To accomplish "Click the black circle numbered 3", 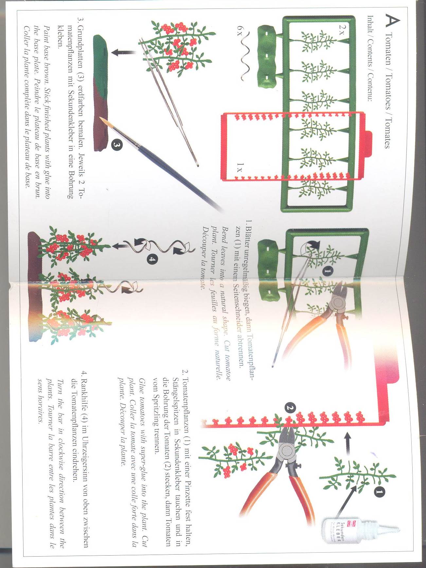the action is (x=117, y=144).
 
